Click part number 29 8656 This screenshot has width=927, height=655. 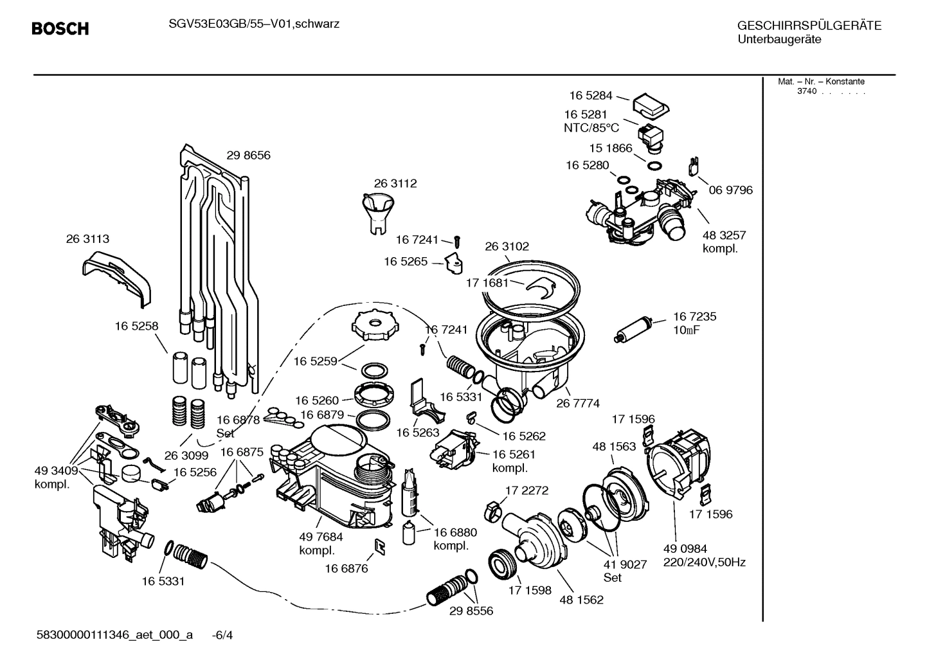248,155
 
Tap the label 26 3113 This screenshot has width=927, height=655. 87,238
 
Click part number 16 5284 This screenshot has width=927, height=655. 590,95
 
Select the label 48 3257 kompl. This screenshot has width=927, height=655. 724,242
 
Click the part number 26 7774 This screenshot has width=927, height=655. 577,403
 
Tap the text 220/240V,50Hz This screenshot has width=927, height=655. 704,562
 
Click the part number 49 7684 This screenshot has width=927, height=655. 321,537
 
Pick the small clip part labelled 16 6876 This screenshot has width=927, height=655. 379,546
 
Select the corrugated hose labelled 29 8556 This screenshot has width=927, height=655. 447,589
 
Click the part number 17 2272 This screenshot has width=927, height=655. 526,490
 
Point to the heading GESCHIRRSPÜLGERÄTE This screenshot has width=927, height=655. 809,26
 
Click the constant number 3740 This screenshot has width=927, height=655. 806,91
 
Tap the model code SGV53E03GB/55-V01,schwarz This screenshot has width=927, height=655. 249,24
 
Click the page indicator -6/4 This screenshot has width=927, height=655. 222,635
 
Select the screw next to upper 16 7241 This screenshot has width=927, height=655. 457,241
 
